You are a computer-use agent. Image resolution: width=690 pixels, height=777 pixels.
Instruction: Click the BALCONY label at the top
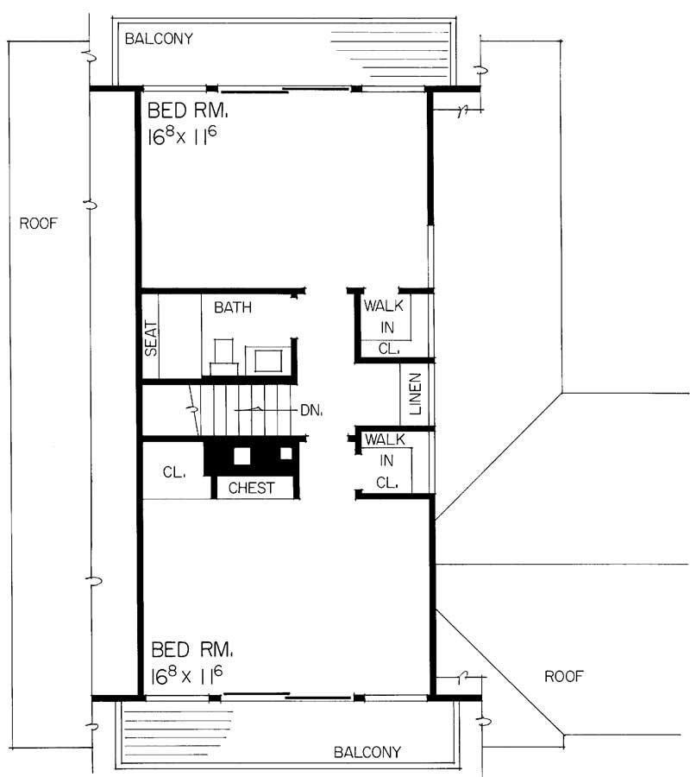coord(159,39)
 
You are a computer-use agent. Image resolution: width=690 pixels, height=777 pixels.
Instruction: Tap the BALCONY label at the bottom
coord(367,752)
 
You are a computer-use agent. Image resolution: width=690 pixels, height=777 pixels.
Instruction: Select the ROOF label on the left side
coord(38,224)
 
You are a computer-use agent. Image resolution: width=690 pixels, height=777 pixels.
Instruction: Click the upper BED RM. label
coord(187,111)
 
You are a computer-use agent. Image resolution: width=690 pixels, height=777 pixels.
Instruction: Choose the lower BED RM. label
coord(191,649)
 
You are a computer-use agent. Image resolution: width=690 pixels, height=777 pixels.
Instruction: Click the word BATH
coord(233,306)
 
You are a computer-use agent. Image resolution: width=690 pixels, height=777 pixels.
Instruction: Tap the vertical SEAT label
coord(151,338)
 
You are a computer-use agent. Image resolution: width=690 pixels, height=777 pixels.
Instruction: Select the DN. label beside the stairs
coord(311,411)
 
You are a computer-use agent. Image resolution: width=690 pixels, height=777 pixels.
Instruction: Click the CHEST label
coord(251,488)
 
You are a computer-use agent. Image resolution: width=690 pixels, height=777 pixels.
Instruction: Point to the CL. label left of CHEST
coord(176,472)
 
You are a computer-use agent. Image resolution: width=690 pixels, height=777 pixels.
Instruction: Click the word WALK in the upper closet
coord(384,306)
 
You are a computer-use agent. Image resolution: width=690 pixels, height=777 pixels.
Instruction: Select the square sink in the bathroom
coord(268,359)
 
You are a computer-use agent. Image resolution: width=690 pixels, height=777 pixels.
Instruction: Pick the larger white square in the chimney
coord(243,456)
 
